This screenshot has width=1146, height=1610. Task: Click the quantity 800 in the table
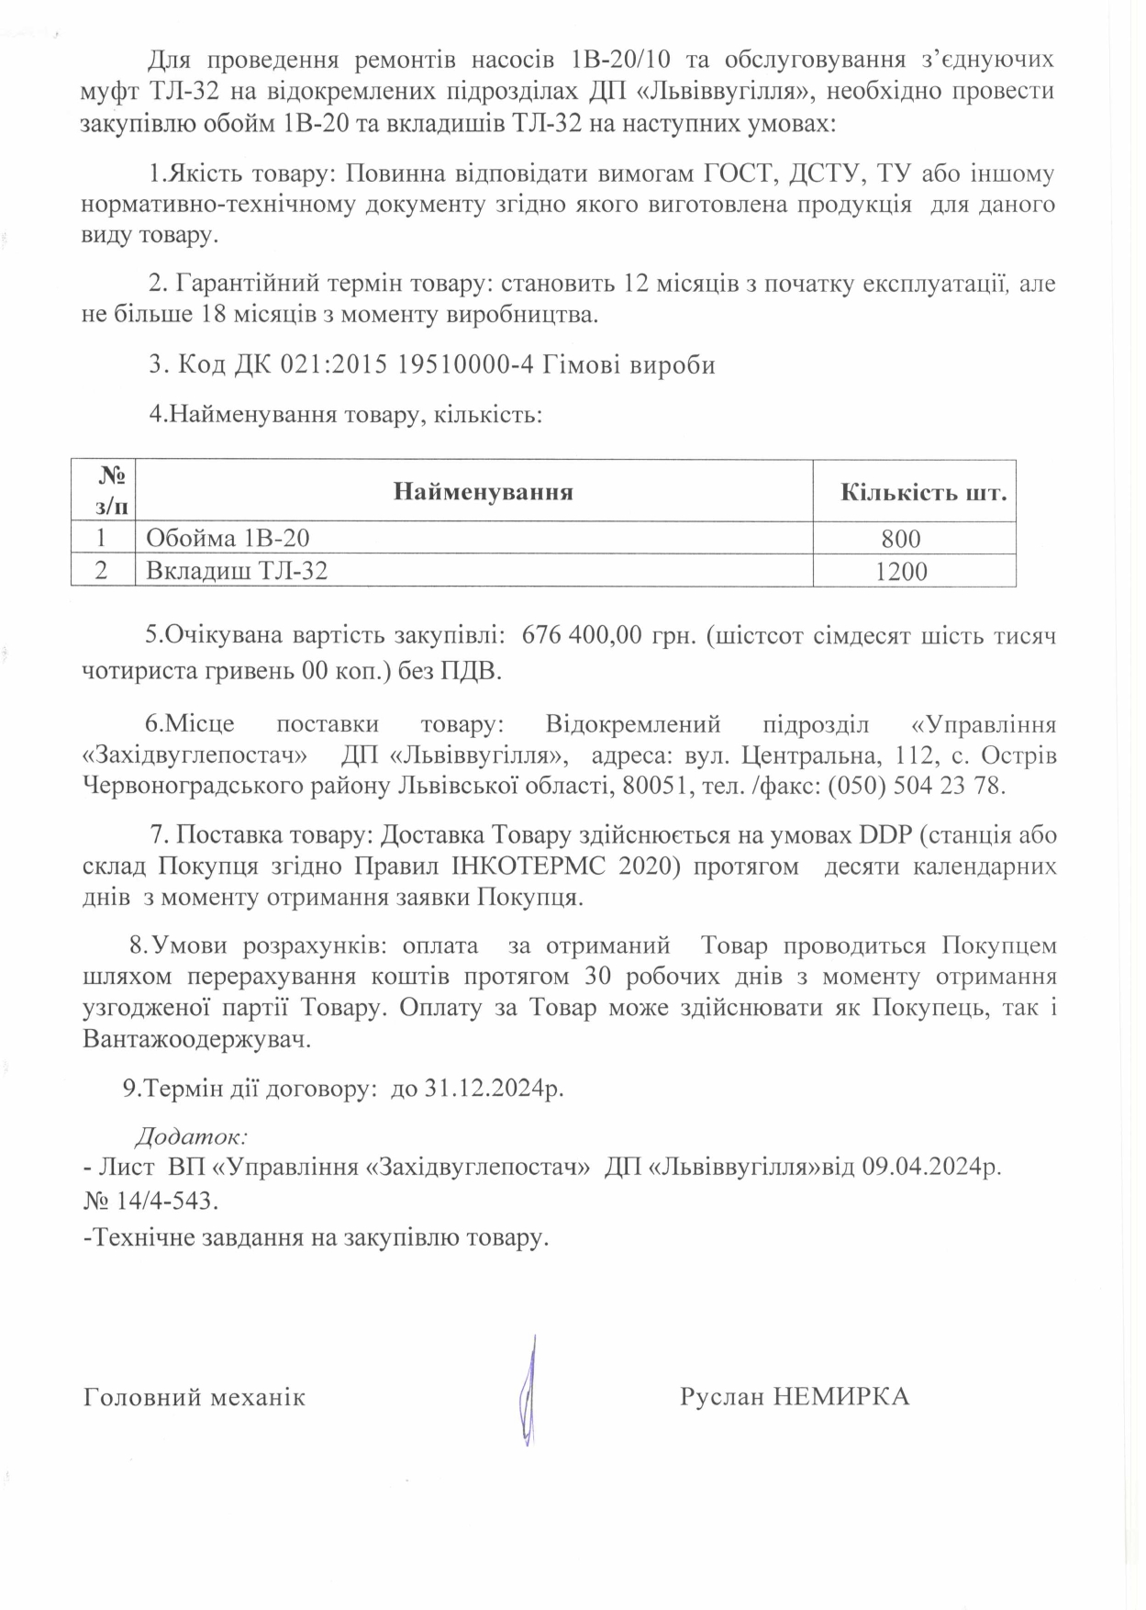(900, 539)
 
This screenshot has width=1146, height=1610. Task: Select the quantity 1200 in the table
(900, 571)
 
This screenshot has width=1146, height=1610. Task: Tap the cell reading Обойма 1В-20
(234, 538)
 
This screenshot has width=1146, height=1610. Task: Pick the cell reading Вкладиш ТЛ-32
(237, 571)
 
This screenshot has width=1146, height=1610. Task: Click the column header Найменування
(483, 492)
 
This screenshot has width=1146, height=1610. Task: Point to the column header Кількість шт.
(923, 492)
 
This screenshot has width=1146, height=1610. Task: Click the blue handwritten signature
(528, 1392)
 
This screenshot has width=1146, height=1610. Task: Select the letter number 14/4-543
(163, 1202)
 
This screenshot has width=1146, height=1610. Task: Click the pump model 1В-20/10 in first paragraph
(621, 61)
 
